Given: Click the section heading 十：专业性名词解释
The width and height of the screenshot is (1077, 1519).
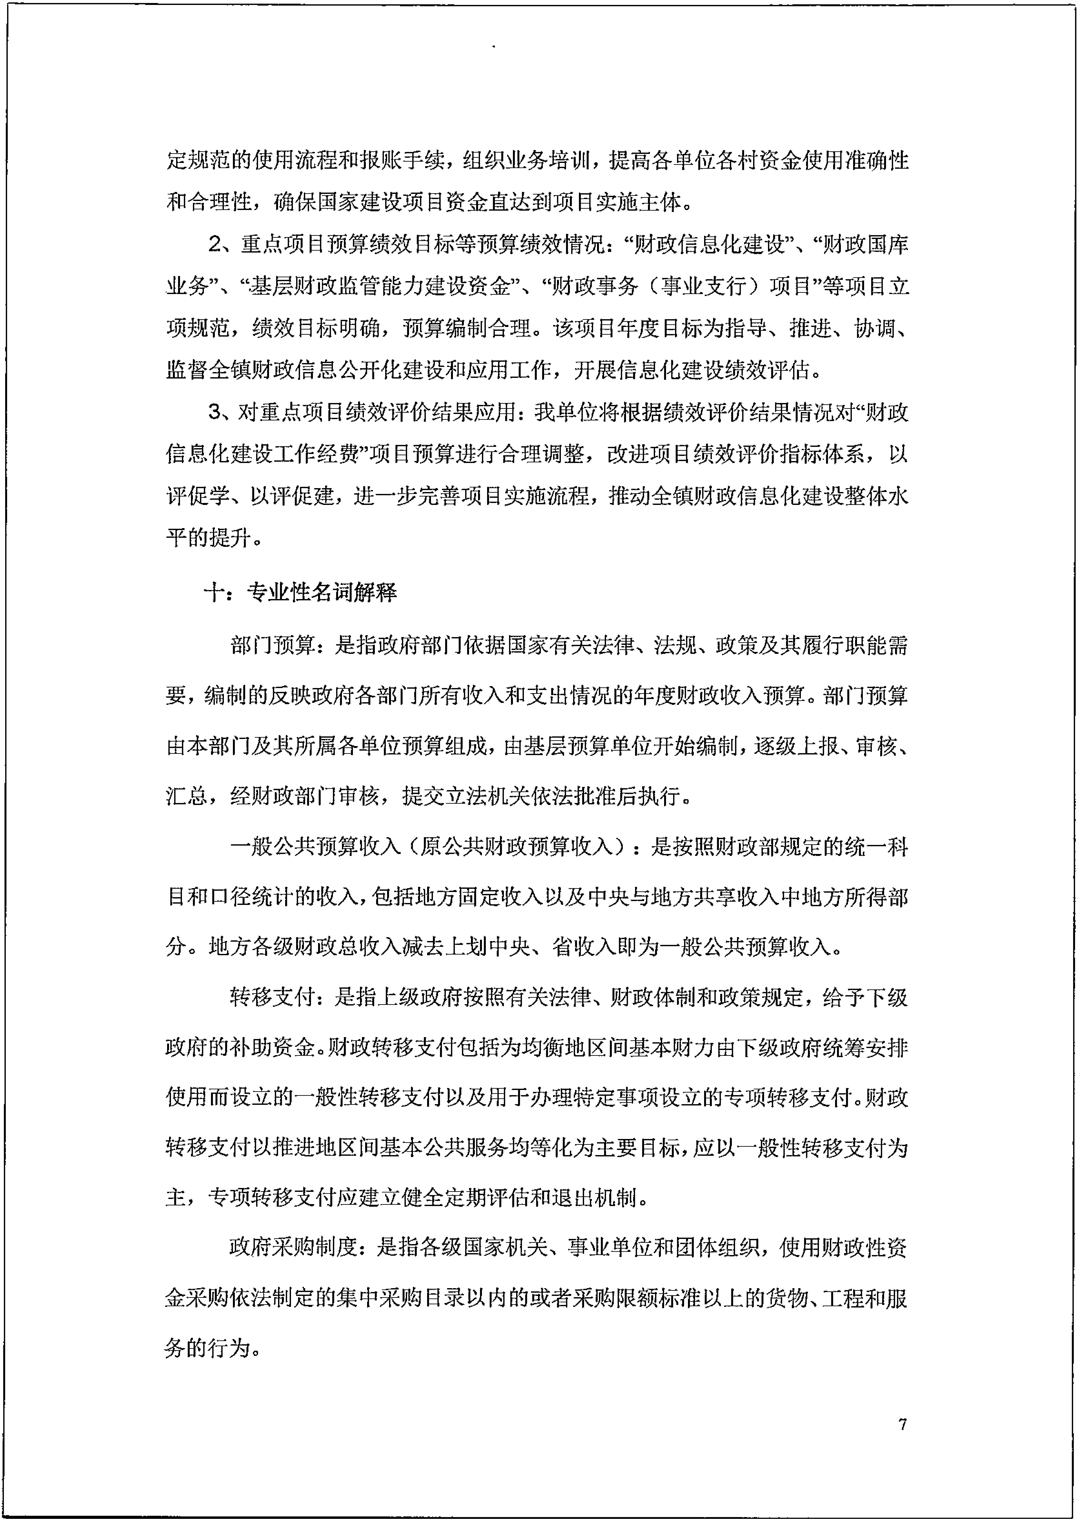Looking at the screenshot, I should coord(300,592).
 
